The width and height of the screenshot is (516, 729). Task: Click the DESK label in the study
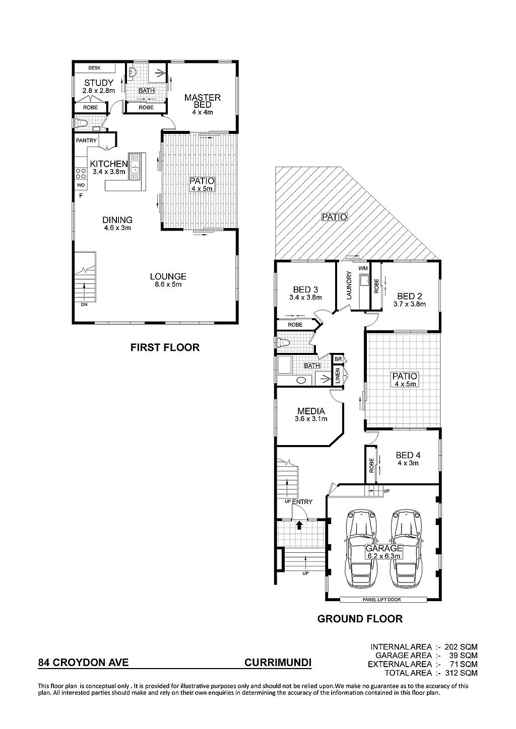94,68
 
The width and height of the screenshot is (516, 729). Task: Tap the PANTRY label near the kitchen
86,140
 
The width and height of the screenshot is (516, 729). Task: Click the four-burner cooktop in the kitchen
81,173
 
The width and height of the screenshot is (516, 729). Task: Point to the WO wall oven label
81,185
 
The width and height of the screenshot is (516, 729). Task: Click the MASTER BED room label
202,101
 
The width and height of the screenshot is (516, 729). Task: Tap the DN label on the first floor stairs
84,305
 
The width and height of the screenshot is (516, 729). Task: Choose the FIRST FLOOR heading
165,347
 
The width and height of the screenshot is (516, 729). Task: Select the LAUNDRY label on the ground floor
349,285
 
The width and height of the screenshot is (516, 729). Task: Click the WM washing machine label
363,268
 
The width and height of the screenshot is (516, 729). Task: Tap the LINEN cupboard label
338,376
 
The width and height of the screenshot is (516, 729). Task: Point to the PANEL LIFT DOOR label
381,600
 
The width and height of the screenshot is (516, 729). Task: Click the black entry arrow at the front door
299,525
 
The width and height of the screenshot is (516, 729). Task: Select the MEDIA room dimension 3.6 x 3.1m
311,419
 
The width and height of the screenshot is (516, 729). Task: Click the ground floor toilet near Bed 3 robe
282,342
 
